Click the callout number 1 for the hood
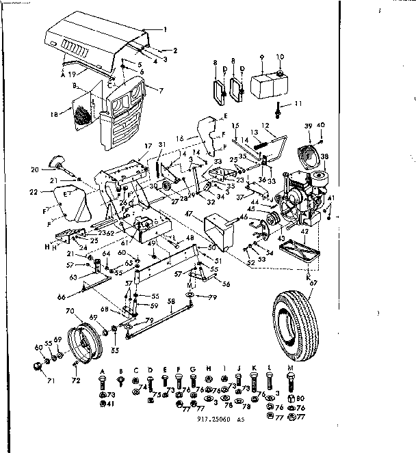tap(165, 29)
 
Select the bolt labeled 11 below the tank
tap(279, 110)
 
